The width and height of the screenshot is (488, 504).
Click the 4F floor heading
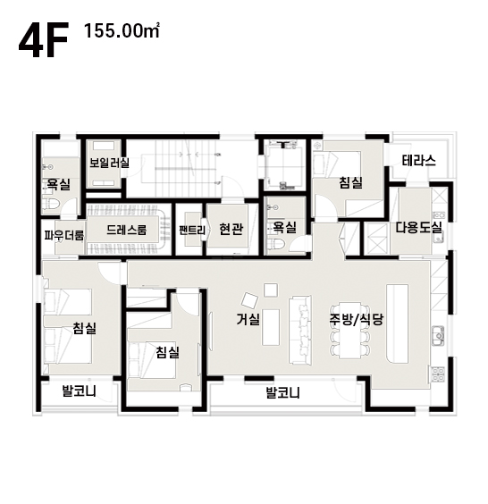(44, 40)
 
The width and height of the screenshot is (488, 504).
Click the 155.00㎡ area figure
(122, 31)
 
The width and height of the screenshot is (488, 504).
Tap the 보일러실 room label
(109, 163)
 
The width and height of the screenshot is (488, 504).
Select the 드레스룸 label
(126, 230)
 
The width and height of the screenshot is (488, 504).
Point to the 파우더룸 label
(64, 235)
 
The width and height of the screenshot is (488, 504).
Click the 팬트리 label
(192, 231)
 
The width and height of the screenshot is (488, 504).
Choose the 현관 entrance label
(231, 229)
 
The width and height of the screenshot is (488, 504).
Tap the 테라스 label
(419, 160)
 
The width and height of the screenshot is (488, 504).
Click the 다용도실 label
(418, 228)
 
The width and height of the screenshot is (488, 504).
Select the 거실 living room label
(248, 319)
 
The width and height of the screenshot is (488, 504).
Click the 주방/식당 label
(357, 319)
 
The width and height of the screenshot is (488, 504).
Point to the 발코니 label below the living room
(282, 393)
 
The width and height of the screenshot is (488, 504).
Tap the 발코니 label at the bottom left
(79, 391)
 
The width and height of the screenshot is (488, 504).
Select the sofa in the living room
(300, 330)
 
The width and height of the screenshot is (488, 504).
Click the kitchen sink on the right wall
(438, 336)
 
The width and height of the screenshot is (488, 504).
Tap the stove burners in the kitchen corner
(437, 374)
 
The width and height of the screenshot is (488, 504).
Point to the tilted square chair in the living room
(249, 300)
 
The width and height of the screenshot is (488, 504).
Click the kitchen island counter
(398, 323)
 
